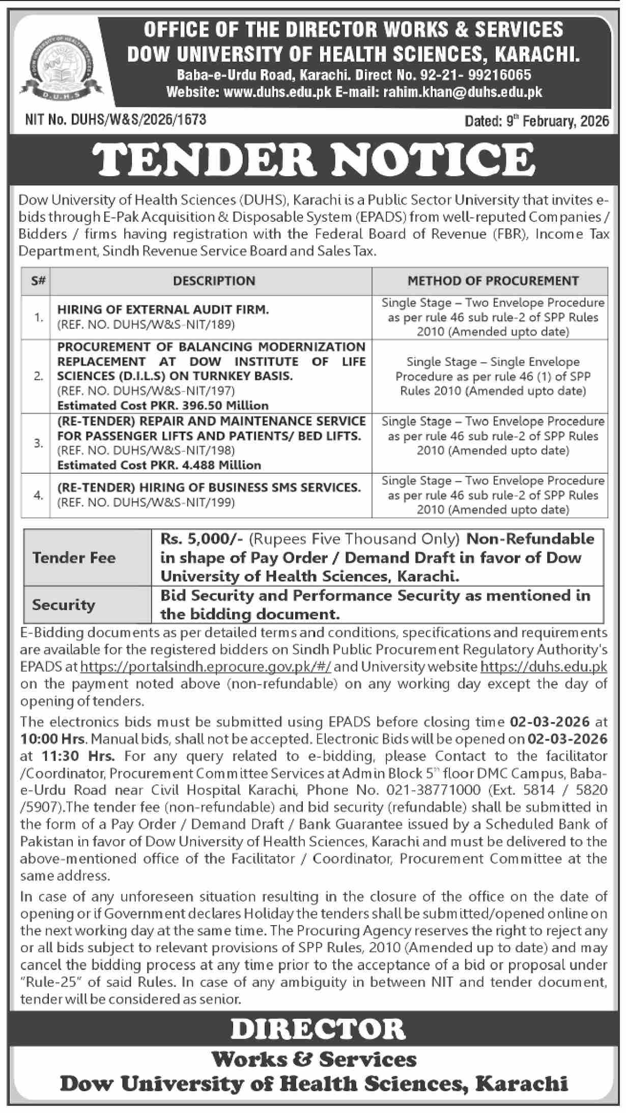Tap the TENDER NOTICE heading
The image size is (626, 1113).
(x=312, y=159)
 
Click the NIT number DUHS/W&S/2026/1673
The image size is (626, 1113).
(x=116, y=120)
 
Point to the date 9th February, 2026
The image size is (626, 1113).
(x=536, y=121)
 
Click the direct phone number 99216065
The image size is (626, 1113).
(x=501, y=75)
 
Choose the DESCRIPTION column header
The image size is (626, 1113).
(x=214, y=280)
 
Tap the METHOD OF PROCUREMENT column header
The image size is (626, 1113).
(x=493, y=280)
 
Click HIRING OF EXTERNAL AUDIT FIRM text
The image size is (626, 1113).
(x=163, y=309)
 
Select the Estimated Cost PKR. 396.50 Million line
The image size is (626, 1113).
(x=163, y=406)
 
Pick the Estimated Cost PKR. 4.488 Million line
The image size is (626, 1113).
(x=159, y=465)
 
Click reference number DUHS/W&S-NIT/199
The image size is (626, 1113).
(x=146, y=502)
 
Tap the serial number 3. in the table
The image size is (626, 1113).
(x=39, y=443)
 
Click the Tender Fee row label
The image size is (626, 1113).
(x=74, y=558)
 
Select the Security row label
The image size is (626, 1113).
(x=64, y=605)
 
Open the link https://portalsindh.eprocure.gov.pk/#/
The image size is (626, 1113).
(x=206, y=667)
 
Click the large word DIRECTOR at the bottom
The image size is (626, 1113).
(x=318, y=1029)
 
